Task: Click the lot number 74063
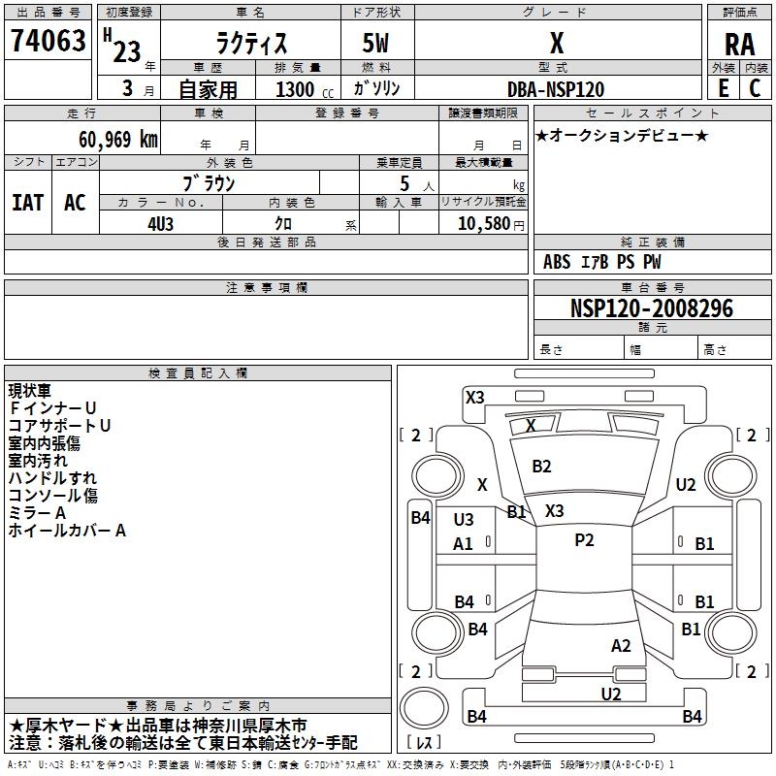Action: tap(48, 41)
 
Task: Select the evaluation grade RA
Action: tap(739, 45)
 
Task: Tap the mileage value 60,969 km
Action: tap(118, 140)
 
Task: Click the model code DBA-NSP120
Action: tap(556, 89)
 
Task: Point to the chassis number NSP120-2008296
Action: tap(652, 308)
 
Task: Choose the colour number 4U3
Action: tap(160, 224)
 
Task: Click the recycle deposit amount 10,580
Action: tap(484, 223)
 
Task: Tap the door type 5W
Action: tap(375, 43)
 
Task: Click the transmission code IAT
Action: tap(28, 203)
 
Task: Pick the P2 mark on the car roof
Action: tap(584, 540)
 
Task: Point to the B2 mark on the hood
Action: tap(541, 467)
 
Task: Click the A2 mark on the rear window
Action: tap(621, 646)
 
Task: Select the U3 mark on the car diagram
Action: tap(464, 519)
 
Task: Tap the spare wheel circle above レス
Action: tap(424, 707)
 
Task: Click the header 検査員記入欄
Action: tap(198, 373)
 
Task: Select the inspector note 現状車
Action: tap(29, 391)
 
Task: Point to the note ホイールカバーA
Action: tap(67, 531)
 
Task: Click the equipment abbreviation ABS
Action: tap(557, 262)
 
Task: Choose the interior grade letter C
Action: tap(755, 88)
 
